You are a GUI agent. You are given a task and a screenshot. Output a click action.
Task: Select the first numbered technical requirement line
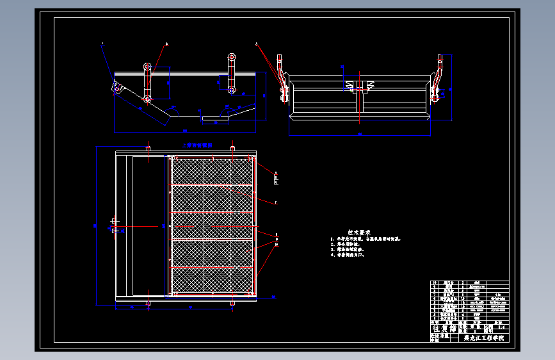pos(366,239)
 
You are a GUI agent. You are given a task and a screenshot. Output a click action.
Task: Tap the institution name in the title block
pos(484,338)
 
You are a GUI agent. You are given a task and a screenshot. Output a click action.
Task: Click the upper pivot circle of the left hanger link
pos(148,66)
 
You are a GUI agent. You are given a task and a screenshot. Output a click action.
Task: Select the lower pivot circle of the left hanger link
pos(147,99)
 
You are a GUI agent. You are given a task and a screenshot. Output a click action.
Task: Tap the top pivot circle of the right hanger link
pos(231,58)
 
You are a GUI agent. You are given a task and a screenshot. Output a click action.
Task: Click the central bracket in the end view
pos(356,86)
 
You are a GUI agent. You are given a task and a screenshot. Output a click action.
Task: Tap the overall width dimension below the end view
pos(359,135)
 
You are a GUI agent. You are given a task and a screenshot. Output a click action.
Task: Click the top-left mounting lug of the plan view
pos(149,149)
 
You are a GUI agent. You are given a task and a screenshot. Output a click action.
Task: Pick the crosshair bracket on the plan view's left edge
pos(114,225)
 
